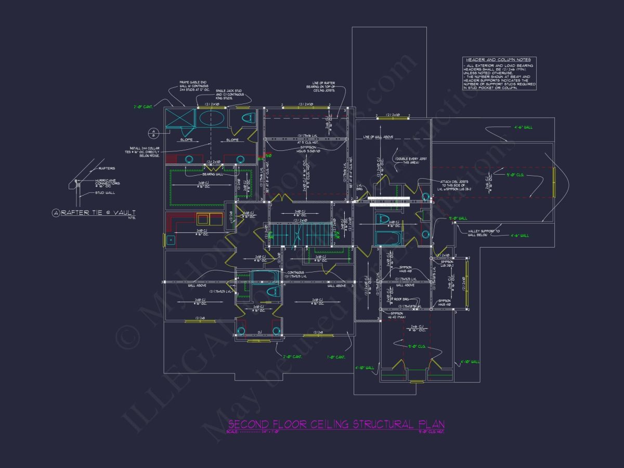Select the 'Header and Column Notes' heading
pyautogui.click(x=499, y=60)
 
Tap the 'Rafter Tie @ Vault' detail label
pyautogui.click(x=99, y=212)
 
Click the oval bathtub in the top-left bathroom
pyautogui.click(x=213, y=118)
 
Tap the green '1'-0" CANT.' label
pyautogui.click(x=336, y=357)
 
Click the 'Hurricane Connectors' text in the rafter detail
pyautogui.click(x=107, y=183)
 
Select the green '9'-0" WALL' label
pyautogui.click(x=458, y=218)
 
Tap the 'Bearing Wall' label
pyautogui.click(x=212, y=174)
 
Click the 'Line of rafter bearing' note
pyautogui.click(x=320, y=86)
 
